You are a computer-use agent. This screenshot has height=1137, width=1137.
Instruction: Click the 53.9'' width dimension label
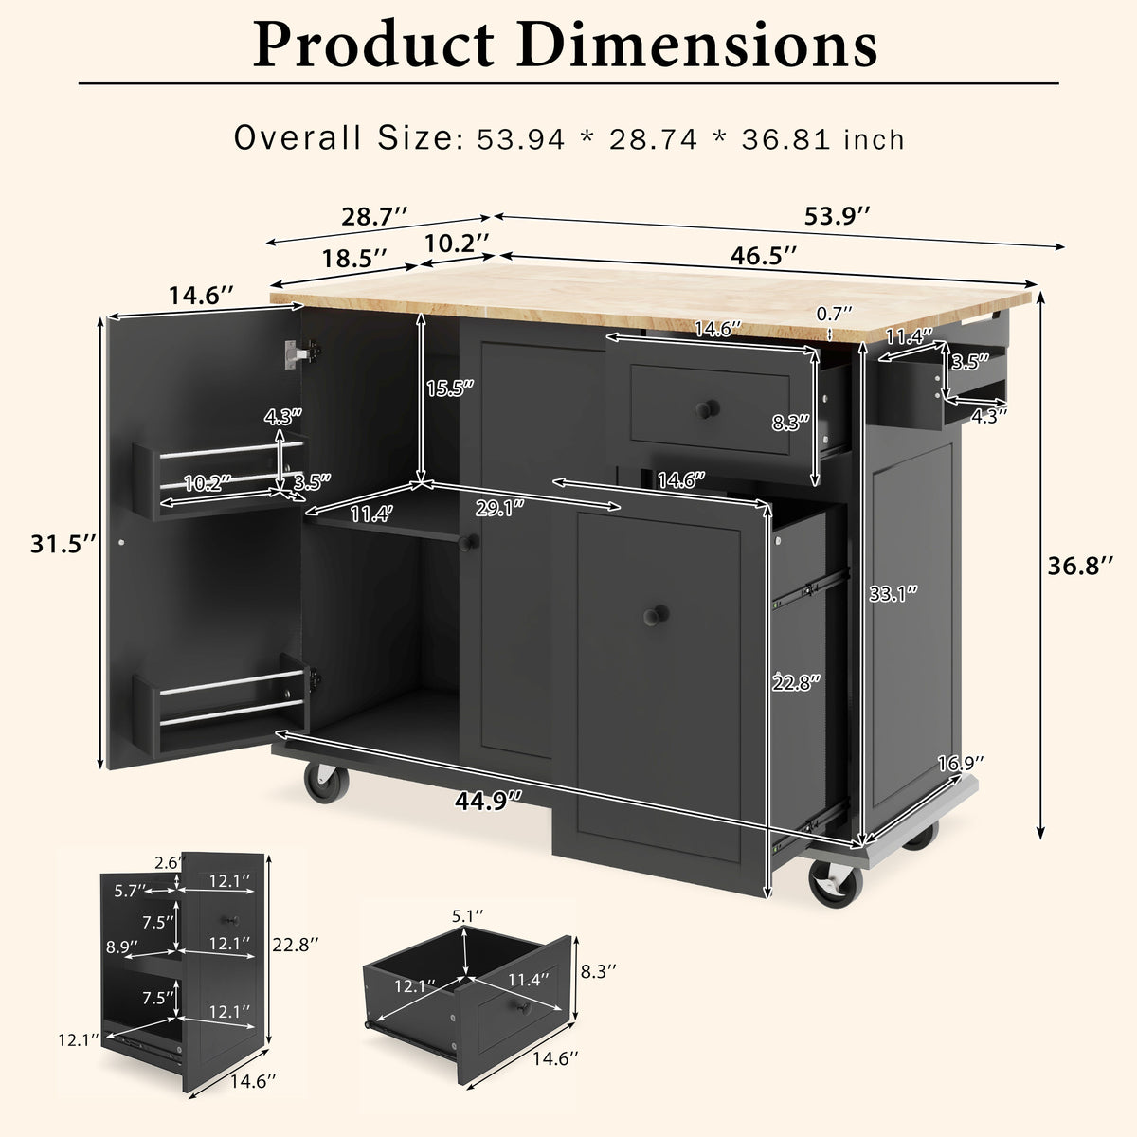tap(838, 217)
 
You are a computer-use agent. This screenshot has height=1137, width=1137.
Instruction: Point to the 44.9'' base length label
tap(489, 801)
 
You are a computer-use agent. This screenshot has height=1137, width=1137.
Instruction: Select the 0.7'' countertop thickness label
tap(835, 313)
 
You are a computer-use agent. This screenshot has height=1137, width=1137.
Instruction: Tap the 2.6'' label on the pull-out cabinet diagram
tap(165, 863)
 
